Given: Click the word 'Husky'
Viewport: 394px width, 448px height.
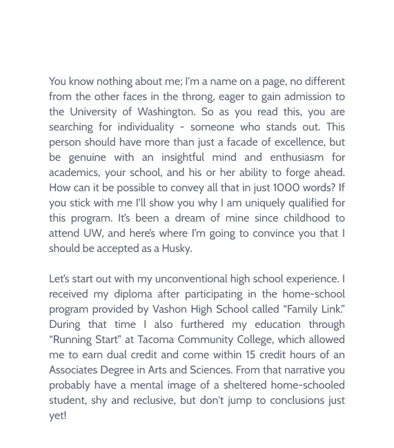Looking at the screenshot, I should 176,249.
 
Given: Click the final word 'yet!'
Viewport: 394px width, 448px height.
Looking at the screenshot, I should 58,416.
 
